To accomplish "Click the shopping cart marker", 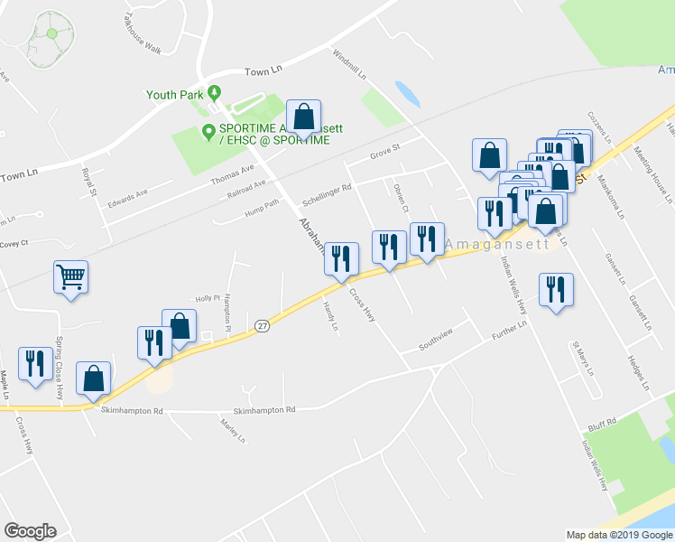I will pyautogui.click(x=70, y=277).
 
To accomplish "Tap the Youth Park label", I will pyautogui.click(x=174, y=93).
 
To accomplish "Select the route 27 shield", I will pyautogui.click(x=262, y=326).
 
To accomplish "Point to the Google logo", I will pyautogui.click(x=31, y=530).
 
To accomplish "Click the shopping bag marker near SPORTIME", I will pyautogui.click(x=305, y=117).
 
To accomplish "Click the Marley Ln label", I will pyautogui.click(x=233, y=431).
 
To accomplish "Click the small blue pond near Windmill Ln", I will pyautogui.click(x=407, y=93).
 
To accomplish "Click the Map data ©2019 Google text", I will pyautogui.click(x=618, y=534).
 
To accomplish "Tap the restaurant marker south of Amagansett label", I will pyautogui.click(x=555, y=290).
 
